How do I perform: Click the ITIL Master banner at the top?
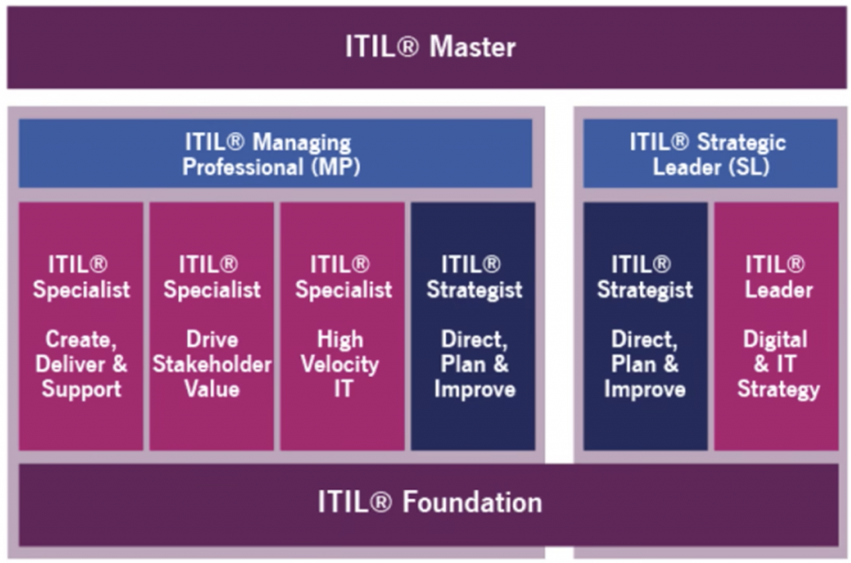pos(426,47)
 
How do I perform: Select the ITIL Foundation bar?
pos(429,504)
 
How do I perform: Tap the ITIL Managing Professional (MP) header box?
pos(275,154)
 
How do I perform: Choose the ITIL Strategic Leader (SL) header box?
pos(711,154)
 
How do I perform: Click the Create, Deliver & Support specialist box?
pos(81,326)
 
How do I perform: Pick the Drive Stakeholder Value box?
pos(212,326)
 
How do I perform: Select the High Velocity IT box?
pos(342,326)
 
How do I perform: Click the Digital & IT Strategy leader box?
pos(777,326)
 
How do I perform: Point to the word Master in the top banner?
pos(472,47)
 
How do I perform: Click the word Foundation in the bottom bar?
pos(472,502)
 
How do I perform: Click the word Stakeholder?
pos(212,364)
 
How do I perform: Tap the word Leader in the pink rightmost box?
pos(779,290)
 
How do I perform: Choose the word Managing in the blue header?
pos(302,144)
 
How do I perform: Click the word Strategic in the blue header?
pos(741,144)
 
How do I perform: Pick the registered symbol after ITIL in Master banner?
pos(408,47)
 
